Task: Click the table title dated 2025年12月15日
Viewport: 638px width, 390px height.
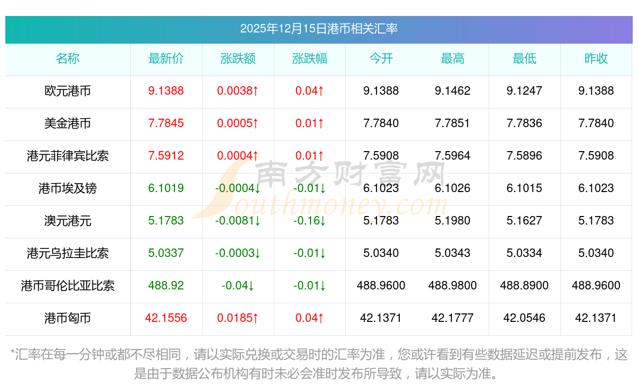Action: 318,29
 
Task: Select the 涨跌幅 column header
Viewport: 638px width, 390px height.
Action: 309,59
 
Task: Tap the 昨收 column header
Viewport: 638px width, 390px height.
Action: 596,59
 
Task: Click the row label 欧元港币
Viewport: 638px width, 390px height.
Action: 68,91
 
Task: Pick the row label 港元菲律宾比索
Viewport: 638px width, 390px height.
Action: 68,156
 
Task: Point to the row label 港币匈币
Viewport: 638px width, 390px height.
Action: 68,318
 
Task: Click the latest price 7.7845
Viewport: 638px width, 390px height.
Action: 166,123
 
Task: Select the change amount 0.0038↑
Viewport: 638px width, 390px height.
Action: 238,91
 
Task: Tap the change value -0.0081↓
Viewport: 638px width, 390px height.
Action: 238,221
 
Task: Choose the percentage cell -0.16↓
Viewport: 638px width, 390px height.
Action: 309,221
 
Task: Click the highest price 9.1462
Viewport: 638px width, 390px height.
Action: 452,91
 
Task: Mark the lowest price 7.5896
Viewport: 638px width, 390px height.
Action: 524,156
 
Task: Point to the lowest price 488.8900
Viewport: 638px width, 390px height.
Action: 524,286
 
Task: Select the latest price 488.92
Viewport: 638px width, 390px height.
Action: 166,286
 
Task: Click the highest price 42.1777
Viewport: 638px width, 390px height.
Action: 452,318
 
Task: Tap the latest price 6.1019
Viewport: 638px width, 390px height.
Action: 166,188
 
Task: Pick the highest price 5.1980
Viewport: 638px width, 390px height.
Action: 452,221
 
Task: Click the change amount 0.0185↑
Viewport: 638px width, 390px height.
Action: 238,318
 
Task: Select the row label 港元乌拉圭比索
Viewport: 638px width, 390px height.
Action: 68,253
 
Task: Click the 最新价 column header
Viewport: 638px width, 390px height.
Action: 166,59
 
